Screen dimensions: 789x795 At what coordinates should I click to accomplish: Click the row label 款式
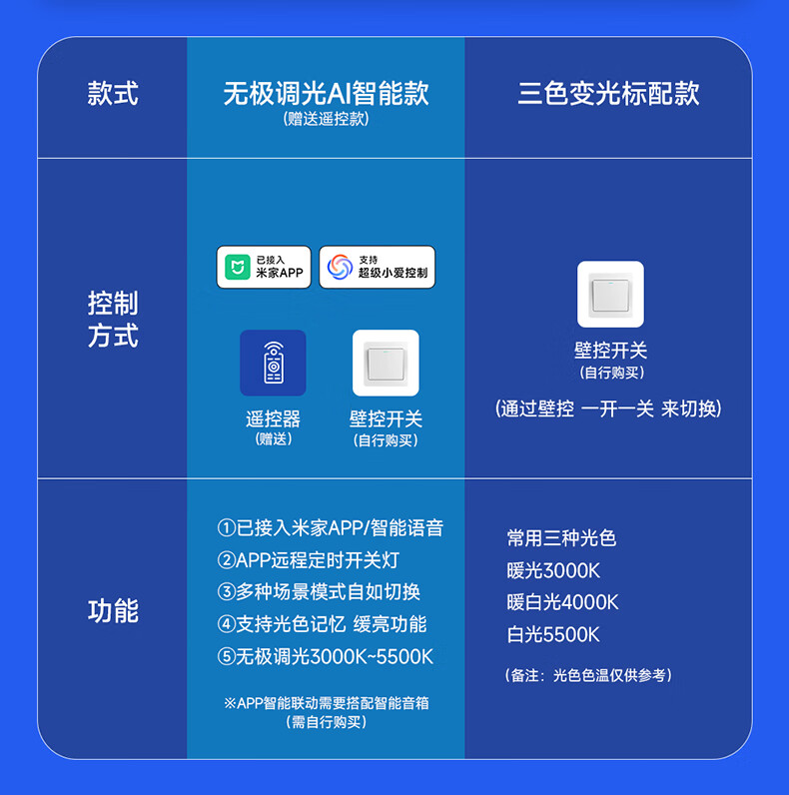click(x=113, y=95)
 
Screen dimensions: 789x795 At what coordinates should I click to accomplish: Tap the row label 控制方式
click(x=113, y=320)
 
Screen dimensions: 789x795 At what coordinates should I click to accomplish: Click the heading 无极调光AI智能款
click(x=326, y=94)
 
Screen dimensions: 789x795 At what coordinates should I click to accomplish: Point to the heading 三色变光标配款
click(x=608, y=94)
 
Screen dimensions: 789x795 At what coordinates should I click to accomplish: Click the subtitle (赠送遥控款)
click(x=326, y=119)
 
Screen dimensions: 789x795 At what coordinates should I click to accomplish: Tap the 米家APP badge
click(x=264, y=268)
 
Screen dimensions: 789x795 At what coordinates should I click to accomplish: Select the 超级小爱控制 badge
click(x=378, y=268)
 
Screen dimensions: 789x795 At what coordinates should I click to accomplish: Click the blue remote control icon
click(x=273, y=364)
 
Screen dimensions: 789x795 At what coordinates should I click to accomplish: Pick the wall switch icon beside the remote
click(x=386, y=364)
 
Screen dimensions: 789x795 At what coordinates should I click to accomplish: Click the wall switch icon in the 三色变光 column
click(x=610, y=295)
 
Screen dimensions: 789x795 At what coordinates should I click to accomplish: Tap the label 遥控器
click(x=273, y=419)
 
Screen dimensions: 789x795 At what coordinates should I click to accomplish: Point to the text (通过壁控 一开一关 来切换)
click(x=608, y=408)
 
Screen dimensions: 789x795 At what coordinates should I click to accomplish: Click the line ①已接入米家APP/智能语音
click(x=331, y=528)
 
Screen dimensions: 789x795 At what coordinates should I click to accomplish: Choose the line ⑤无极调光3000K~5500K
click(x=326, y=656)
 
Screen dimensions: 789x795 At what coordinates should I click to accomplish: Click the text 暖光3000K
click(x=553, y=571)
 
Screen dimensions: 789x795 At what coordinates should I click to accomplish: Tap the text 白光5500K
click(x=553, y=634)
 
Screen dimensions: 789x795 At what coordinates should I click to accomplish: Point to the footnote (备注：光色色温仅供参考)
click(x=588, y=676)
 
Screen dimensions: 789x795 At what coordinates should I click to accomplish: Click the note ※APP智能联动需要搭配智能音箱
click(x=327, y=703)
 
